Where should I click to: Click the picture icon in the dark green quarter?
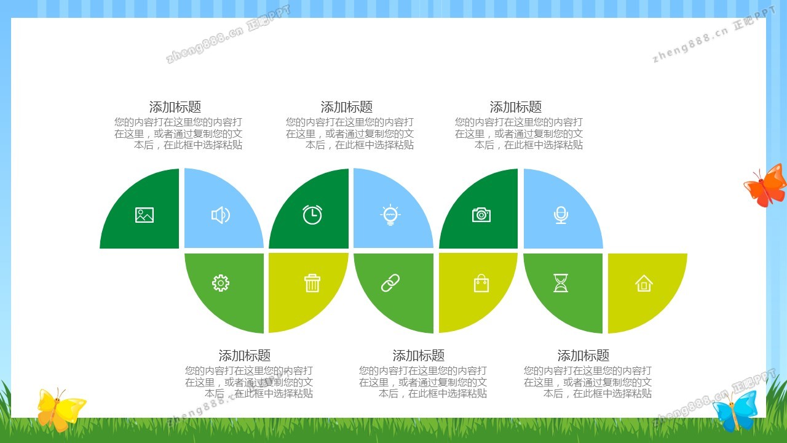144,215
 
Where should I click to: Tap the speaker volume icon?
221,215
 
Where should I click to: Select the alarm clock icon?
312,215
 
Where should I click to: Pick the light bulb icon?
390,215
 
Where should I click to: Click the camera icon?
481,215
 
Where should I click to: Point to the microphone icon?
561,215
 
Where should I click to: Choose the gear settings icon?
221,283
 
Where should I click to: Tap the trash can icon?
312,283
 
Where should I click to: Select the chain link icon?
390,283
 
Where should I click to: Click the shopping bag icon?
481,284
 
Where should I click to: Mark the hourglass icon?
561,283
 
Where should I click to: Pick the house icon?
644,284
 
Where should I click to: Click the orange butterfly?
766,185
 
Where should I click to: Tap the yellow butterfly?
60,410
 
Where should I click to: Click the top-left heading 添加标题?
175,107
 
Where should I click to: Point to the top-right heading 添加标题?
516,107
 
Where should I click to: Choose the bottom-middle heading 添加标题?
419,356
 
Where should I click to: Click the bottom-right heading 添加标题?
583,356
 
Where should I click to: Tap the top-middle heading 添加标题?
346,107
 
